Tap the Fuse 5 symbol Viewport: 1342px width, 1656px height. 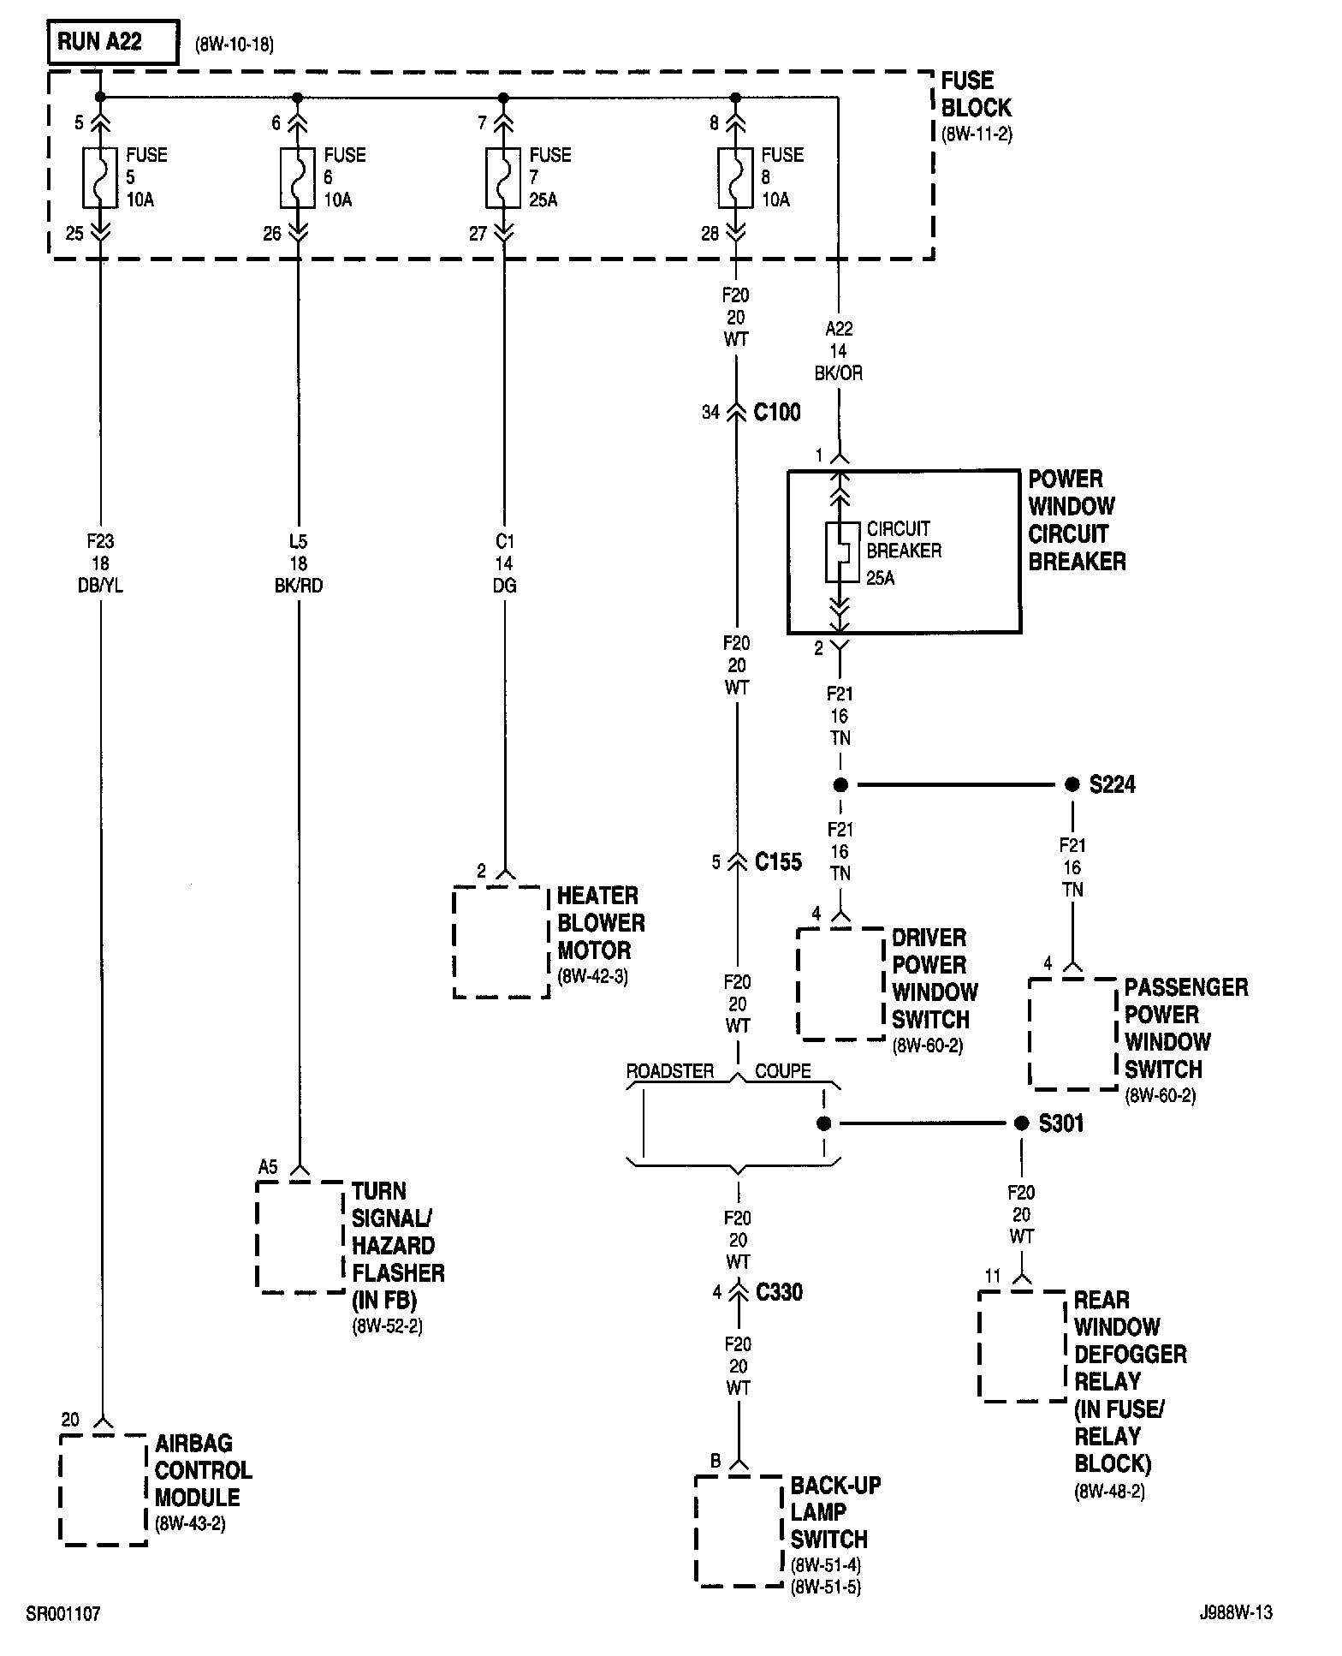[100, 177]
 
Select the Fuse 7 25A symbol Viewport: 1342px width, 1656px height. [503, 177]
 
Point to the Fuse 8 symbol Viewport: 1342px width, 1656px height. [735, 177]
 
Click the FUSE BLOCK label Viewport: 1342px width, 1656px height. [976, 95]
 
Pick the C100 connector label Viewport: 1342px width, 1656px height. [777, 413]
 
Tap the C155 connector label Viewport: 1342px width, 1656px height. [778, 861]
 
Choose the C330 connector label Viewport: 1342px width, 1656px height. [779, 1292]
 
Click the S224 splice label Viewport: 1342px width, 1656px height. [1112, 784]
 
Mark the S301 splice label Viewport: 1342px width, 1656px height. [1061, 1123]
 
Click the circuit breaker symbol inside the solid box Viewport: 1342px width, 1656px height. [840, 552]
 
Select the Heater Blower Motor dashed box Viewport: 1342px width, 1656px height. [501, 942]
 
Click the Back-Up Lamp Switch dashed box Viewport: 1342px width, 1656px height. [739, 1529]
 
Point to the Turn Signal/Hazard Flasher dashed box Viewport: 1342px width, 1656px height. [300, 1236]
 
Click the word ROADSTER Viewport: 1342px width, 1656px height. [670, 1072]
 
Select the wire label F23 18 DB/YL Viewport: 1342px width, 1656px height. [100, 563]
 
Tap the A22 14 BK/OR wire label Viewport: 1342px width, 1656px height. [839, 351]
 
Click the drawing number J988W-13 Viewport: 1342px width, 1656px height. [1236, 1613]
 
